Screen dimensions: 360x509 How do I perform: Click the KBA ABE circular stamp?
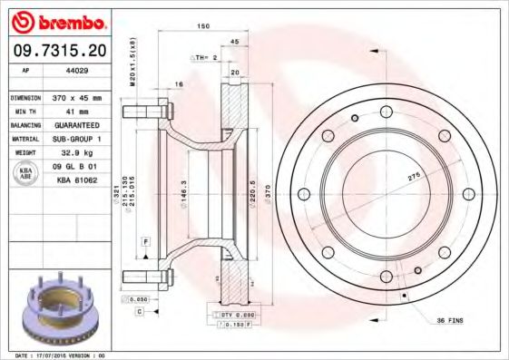pos(26,173)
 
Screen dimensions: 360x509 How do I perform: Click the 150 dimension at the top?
pos(204,27)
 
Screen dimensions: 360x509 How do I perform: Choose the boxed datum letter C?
pos(140,311)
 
